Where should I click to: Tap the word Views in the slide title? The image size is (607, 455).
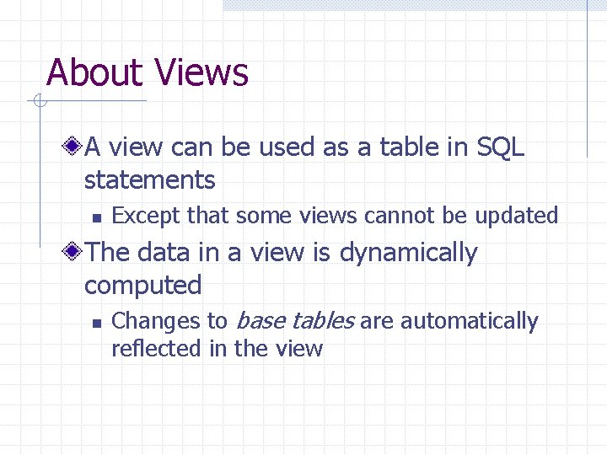tap(201, 72)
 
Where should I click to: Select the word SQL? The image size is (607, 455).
tap(500, 147)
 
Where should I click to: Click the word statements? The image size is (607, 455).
tap(150, 179)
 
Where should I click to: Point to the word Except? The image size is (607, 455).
tap(147, 216)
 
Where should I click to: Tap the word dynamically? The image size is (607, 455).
tap(408, 253)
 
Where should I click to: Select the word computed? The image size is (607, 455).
tap(142, 285)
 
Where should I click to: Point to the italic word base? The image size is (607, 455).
tap(261, 321)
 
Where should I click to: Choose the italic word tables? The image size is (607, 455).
tap(324, 321)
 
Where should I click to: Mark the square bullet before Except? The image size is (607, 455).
tap(96, 217)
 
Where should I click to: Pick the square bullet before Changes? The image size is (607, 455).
tap(96, 323)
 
